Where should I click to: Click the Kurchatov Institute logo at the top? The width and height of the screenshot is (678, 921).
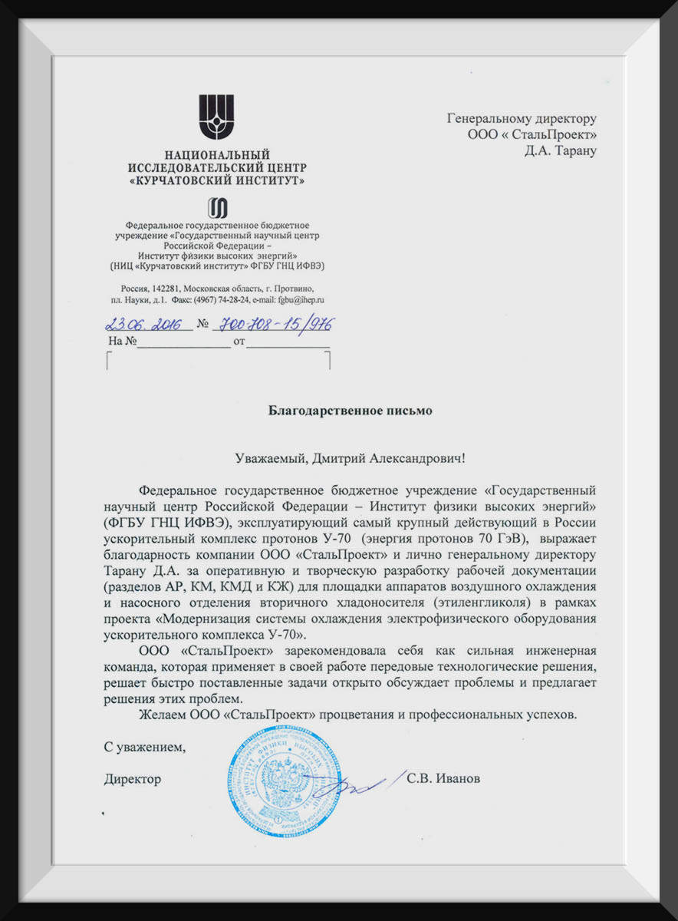[x=216, y=117]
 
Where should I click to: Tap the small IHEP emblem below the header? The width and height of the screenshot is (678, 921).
[x=218, y=207]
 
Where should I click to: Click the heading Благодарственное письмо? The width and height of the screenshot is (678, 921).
[x=350, y=411]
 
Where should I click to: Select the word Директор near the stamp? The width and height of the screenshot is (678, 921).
[x=133, y=779]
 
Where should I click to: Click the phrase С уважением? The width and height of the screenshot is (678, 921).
[x=146, y=745]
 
